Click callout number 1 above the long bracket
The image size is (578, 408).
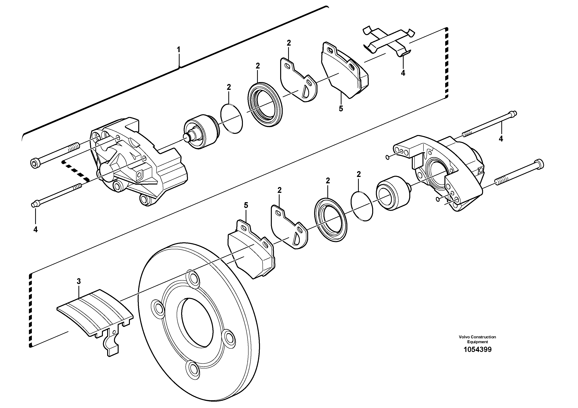178,49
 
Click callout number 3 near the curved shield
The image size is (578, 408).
79,282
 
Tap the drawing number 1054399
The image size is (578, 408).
477,350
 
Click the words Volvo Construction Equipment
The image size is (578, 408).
477,339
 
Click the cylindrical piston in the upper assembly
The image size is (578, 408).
201,133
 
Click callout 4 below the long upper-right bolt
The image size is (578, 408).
501,138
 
